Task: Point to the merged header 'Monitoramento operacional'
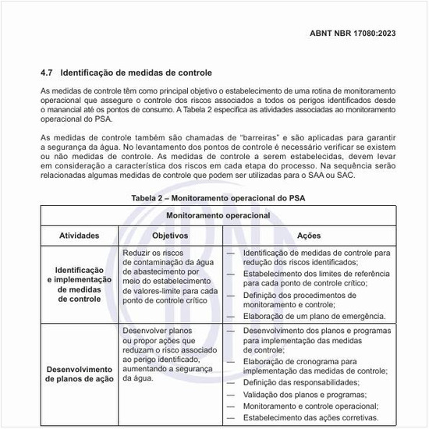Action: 218,214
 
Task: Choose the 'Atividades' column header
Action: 80,234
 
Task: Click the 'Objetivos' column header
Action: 170,234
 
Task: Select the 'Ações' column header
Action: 309,234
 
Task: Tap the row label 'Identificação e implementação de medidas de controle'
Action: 80,283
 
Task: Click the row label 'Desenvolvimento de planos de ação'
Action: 80,374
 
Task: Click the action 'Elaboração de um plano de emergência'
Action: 314,317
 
